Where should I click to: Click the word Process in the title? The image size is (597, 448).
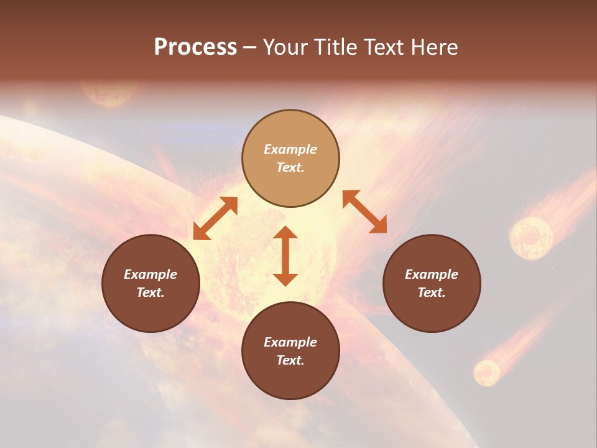point(195,47)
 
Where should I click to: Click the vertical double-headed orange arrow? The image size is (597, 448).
point(285,256)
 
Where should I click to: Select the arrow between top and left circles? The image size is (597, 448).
point(215,218)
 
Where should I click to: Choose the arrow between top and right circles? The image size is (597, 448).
point(365,212)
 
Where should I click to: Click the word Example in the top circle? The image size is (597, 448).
point(290,149)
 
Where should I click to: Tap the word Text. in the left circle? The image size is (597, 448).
point(150,292)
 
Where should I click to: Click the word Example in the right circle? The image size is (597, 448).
point(432,274)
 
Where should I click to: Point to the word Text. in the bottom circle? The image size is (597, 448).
point(290,360)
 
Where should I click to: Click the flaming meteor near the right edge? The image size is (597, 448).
point(531,237)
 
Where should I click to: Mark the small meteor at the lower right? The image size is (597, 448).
point(486,372)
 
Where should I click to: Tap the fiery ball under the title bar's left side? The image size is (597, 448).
point(110,93)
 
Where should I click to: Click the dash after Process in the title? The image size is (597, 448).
point(249,48)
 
